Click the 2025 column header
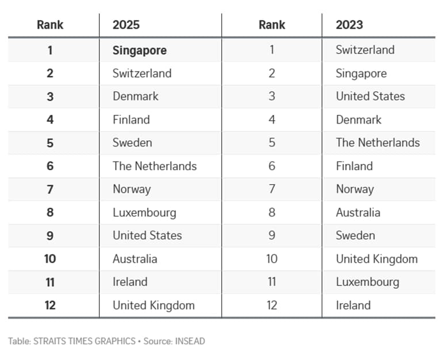(x=126, y=25)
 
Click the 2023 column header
(x=349, y=25)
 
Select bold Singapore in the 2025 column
(x=140, y=51)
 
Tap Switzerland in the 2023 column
(x=365, y=50)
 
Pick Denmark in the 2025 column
(x=135, y=96)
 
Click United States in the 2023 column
(x=370, y=96)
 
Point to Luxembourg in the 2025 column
(x=144, y=213)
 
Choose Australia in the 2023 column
(x=358, y=213)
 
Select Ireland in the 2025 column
(x=130, y=282)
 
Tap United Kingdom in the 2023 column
(x=377, y=259)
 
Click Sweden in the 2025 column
(x=132, y=143)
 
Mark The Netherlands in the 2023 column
(x=378, y=143)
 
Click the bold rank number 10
(x=50, y=259)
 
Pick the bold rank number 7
(x=50, y=189)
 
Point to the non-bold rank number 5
(x=272, y=143)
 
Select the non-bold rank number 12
(x=272, y=305)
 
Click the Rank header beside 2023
(x=272, y=25)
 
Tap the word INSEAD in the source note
(x=190, y=341)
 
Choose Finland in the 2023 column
(x=354, y=166)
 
